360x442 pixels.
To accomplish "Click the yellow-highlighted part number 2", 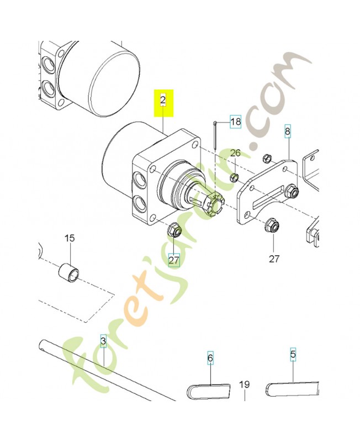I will point(163,100).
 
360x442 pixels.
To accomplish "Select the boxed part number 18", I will point(235,122).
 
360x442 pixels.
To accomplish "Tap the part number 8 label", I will point(287,131).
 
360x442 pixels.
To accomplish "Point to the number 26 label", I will point(235,153).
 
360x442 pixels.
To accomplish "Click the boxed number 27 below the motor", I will point(174,259).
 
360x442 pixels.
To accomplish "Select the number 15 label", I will point(70,238).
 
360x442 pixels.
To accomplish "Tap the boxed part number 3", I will point(103,339).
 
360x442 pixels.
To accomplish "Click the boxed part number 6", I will point(210,358).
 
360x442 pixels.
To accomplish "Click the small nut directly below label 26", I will point(234,177).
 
